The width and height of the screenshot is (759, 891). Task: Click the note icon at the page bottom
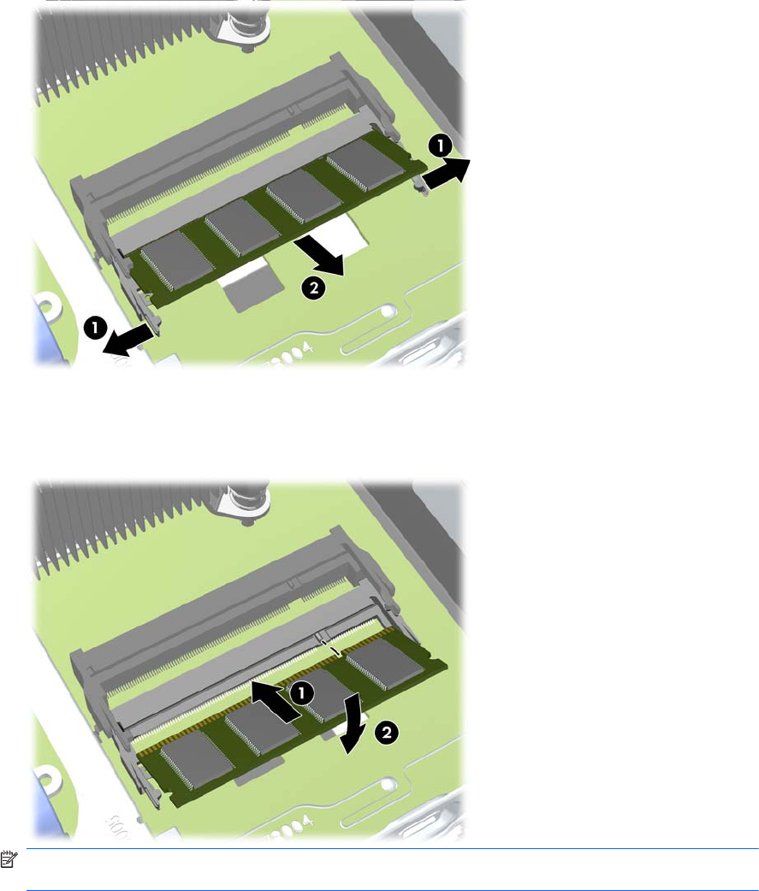pos(9,859)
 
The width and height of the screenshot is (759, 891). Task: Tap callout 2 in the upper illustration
pos(313,288)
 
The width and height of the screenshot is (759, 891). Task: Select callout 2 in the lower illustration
pos(386,732)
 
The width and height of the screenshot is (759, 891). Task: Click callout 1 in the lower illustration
pos(302,692)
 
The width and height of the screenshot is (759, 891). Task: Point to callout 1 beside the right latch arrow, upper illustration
pos(441,146)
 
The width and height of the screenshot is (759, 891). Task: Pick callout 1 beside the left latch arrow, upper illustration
pos(95,328)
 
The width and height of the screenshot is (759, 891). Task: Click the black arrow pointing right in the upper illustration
pos(448,173)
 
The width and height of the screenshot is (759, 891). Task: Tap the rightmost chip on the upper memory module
pos(365,165)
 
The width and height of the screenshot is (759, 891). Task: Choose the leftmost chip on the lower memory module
pos(197,760)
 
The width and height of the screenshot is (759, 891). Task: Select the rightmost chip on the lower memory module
pos(384,663)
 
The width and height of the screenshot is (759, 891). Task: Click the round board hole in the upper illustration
pos(388,312)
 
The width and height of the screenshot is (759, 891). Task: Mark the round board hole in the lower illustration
pos(388,785)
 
